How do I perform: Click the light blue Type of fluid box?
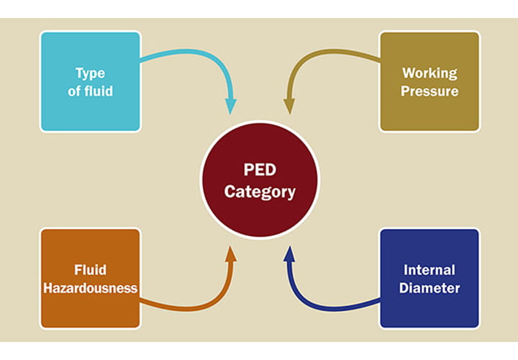90,81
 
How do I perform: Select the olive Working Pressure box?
430,81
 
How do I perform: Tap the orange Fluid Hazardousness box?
90,278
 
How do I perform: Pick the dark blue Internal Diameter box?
430,278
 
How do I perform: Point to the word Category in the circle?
259,192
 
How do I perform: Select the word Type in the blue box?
90,73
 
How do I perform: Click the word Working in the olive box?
430,73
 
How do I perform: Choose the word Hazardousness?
90,287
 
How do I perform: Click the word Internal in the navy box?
430,270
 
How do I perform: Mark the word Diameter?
430,287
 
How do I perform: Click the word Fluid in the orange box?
90,270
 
